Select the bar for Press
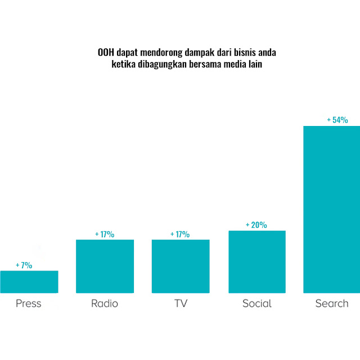tap(29, 282)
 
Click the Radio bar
tap(105, 266)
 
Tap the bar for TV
tap(181, 266)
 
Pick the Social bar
tap(257, 262)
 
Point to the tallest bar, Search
tap(331, 209)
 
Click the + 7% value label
tap(24, 265)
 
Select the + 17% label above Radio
tap(105, 234)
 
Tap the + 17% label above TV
tap(180, 234)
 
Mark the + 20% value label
tap(256, 225)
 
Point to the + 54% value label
tap(337, 120)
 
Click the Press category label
tap(29, 304)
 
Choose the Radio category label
tap(105, 304)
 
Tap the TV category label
tap(181, 304)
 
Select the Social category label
tap(257, 304)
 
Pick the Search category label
tap(332, 304)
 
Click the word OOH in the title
tap(105, 53)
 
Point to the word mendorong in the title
tap(160, 53)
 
